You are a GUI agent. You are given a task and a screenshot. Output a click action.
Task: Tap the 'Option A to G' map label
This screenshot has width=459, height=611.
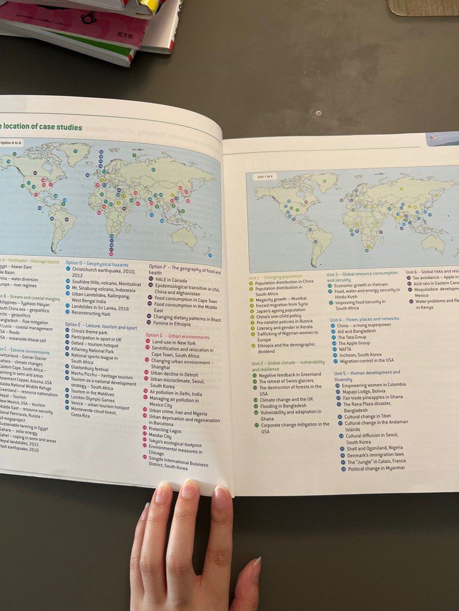(11, 143)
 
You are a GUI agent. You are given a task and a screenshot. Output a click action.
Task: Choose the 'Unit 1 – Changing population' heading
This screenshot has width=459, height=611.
(275, 276)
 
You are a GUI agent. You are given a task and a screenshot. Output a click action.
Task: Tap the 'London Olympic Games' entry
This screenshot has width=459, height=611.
(93, 400)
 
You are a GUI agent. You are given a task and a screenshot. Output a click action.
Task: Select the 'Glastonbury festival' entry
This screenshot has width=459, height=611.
(90, 369)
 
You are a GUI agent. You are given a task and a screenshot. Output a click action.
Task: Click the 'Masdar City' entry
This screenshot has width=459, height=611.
(161, 436)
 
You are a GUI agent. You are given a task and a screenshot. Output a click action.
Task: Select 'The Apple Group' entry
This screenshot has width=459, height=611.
(354, 343)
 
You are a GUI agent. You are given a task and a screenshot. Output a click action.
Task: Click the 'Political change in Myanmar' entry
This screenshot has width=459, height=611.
(376, 468)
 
